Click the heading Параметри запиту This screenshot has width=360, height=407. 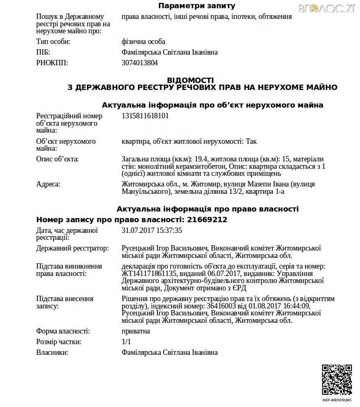click(197, 6)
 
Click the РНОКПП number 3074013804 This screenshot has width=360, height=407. click(140, 63)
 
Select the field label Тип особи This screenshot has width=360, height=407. click(53, 41)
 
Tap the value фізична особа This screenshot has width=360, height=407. click(143, 41)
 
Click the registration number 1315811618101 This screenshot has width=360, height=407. click(145, 116)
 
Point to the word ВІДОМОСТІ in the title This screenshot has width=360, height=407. click(190, 80)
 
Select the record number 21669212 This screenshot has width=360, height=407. click(207, 220)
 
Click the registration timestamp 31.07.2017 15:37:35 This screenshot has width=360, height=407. click(152, 230)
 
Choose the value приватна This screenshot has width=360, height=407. click(136, 331)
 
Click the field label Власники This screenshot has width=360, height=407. click(52, 352)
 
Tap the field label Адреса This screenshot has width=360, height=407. click(48, 184)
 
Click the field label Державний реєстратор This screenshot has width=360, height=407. click(73, 248)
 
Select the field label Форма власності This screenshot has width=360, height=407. click(63, 331)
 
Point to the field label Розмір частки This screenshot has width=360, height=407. click(58, 342)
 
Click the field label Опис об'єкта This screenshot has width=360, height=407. click(57, 159)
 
